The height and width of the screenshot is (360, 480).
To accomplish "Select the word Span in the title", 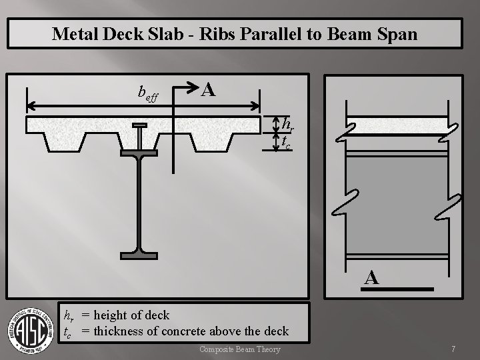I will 397,33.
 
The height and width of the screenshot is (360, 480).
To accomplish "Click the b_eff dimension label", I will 147,93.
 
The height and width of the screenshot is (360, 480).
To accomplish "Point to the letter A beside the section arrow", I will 208,89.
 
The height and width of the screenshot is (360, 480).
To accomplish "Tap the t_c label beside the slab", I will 286,141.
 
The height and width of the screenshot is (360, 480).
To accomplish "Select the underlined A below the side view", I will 372,278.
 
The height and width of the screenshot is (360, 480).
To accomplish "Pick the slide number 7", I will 453,349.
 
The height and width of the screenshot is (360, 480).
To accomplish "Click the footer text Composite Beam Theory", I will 240,349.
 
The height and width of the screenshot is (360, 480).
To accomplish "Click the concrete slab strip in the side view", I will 397,125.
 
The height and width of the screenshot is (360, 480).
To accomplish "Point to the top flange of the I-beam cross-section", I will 139,152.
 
